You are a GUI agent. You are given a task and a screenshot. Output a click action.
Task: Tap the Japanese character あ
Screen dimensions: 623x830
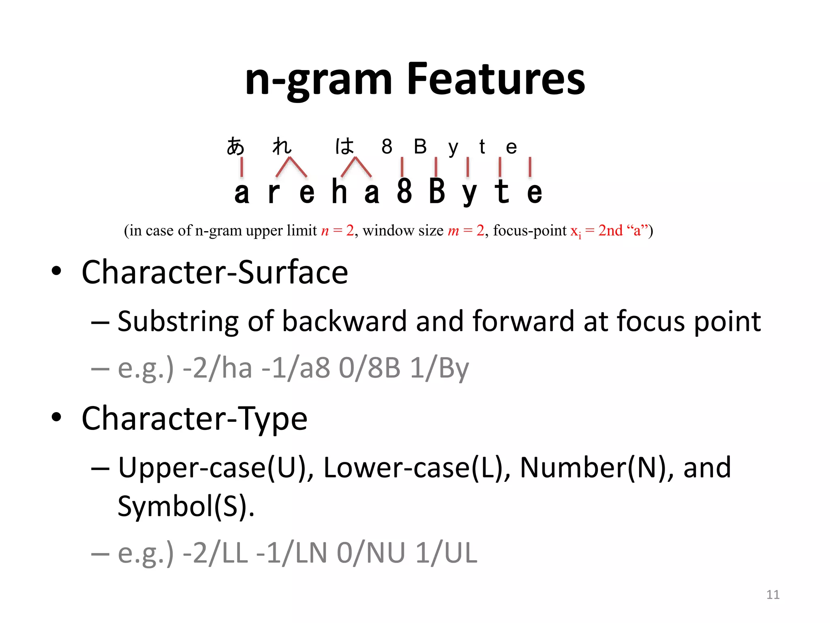235,146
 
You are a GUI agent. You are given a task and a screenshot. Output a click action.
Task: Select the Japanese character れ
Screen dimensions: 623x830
282,146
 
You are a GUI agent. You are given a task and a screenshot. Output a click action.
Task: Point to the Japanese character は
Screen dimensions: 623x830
344,146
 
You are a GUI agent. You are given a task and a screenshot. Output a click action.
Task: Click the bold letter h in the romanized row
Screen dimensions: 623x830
339,191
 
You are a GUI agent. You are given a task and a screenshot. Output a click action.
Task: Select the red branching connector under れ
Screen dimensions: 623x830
291,168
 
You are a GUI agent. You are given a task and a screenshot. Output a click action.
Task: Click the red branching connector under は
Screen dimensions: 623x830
356,168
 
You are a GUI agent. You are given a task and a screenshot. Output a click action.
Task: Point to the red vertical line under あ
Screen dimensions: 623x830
242,168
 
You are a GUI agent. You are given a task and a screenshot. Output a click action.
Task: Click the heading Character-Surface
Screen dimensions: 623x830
214,272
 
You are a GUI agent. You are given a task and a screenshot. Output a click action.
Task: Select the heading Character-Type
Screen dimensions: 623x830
194,419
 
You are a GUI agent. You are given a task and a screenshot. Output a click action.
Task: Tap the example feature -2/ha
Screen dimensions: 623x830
217,368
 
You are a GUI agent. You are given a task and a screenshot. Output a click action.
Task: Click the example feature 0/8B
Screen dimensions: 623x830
369,368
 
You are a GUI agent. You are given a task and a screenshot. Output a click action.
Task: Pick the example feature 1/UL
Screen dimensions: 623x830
446,553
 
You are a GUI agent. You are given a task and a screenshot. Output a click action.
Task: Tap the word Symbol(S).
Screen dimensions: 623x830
186,506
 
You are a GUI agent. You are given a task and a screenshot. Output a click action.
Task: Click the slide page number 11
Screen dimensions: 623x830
773,595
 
